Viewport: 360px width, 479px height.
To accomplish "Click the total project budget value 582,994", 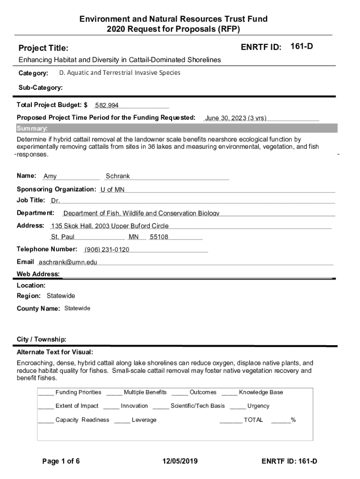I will click(107, 105).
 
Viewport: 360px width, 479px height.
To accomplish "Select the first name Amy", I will click(50, 176).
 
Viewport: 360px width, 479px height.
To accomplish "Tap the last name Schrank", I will click(118, 176).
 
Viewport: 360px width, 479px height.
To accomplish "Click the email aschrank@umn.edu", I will click(68, 262).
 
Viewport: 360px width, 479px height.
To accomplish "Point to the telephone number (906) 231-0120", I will click(107, 249).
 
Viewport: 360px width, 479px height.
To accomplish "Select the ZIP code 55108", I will click(159, 237).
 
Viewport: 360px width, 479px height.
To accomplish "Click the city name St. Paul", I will click(63, 237).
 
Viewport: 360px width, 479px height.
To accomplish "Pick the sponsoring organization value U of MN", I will click(112, 189).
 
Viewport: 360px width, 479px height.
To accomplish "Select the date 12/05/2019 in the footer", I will click(180, 461).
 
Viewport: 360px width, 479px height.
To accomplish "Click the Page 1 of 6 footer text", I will click(61, 461).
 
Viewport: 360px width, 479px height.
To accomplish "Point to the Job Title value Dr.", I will click(55, 201).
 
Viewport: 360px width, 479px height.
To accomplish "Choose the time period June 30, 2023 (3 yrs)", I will click(236, 118).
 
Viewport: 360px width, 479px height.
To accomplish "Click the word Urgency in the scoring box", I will click(258, 406).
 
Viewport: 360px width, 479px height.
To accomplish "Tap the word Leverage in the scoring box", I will click(144, 420).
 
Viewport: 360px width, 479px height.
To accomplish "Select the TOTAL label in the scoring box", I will click(253, 420).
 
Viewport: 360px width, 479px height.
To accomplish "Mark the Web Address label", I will click(38, 274).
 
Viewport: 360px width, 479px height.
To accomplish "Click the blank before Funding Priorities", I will click(46, 392).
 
